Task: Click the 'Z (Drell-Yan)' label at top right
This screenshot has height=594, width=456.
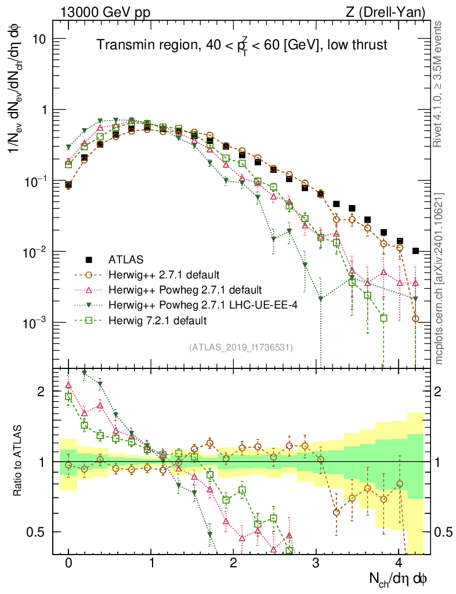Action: [x=392, y=12]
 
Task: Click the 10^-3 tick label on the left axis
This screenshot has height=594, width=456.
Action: [x=35, y=323]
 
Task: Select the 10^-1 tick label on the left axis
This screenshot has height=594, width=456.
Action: [x=35, y=181]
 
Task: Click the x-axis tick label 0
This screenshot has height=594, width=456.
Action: [x=68, y=563]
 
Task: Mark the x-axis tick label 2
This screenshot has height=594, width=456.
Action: [x=234, y=563]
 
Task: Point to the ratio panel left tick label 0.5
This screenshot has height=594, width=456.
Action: [x=38, y=532]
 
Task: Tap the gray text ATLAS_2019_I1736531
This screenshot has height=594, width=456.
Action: [x=241, y=347]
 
